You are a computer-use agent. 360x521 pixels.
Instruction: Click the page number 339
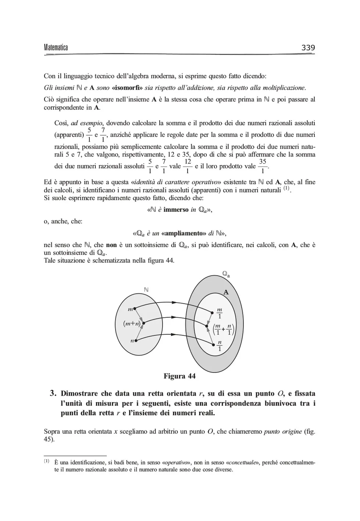(308, 48)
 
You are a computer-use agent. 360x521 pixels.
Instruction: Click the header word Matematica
(56, 48)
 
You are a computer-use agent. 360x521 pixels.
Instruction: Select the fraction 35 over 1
(263, 166)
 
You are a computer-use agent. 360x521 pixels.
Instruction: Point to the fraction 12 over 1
(188, 166)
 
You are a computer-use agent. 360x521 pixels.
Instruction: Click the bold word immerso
(176, 210)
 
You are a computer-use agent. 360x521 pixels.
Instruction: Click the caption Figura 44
(179, 376)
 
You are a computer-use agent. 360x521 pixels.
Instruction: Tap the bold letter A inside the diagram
(226, 292)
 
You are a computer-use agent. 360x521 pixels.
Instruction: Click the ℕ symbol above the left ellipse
(146, 290)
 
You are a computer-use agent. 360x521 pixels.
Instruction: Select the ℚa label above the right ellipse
(226, 274)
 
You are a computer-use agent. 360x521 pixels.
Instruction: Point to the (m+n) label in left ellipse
(132, 324)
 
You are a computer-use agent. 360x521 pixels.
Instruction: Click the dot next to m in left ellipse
(135, 308)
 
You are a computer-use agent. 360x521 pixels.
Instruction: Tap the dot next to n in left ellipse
(136, 341)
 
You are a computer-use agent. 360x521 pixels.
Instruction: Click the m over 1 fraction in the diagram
(220, 313)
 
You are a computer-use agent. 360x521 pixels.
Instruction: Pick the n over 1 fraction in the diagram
(220, 346)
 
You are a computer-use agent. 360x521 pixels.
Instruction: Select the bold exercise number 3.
(53, 393)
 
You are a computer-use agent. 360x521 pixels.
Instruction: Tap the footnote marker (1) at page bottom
(47, 461)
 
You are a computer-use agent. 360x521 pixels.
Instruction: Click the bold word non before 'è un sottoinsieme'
(111, 245)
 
